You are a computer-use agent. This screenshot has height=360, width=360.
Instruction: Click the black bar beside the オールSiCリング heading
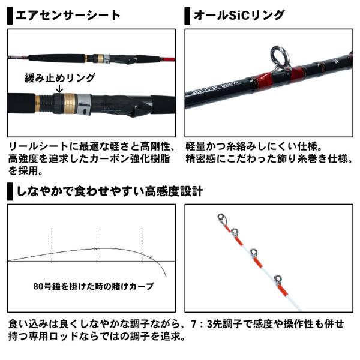point(187,14)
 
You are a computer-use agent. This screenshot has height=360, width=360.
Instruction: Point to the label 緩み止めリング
point(59,79)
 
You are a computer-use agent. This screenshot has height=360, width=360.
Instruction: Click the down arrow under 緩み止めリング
point(59,90)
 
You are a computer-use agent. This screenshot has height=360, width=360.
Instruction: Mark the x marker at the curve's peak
point(96,248)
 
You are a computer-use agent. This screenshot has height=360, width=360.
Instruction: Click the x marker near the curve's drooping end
point(149,257)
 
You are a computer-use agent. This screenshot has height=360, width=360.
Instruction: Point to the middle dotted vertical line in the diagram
point(97,243)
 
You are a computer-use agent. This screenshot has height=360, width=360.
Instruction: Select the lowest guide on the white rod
point(278,280)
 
